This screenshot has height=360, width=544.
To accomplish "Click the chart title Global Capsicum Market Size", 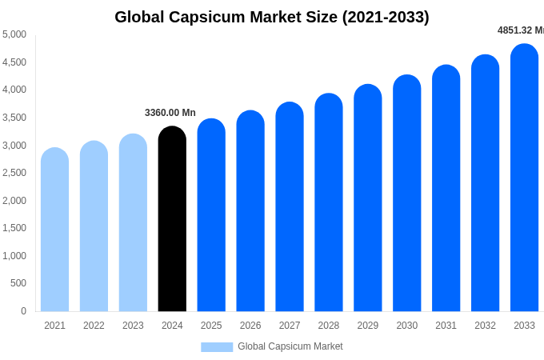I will [x=271, y=17].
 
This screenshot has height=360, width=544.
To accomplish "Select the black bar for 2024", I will [x=172, y=220].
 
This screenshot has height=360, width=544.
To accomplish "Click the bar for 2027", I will [x=290, y=208].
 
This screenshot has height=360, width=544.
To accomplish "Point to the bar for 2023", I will [x=133, y=223].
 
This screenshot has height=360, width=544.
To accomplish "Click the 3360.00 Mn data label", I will [x=170, y=113].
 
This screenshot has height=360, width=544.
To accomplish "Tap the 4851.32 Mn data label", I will [x=520, y=30].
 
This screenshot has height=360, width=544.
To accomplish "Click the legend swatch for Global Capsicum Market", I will [x=217, y=347].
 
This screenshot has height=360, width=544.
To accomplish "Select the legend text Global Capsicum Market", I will [x=290, y=346].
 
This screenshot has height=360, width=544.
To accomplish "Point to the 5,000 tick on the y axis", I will [x=14, y=34].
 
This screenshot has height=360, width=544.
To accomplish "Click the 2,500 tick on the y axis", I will [x=14, y=173].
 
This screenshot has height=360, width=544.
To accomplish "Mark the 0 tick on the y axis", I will [x=23, y=311].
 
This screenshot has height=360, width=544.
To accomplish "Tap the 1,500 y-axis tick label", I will [x=14, y=228].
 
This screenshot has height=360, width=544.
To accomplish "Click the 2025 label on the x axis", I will [x=211, y=326].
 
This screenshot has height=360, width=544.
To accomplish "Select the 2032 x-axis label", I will [x=485, y=326].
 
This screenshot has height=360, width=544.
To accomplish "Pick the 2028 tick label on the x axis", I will [x=329, y=326].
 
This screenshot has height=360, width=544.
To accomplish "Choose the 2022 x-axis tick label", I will [x=94, y=326].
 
